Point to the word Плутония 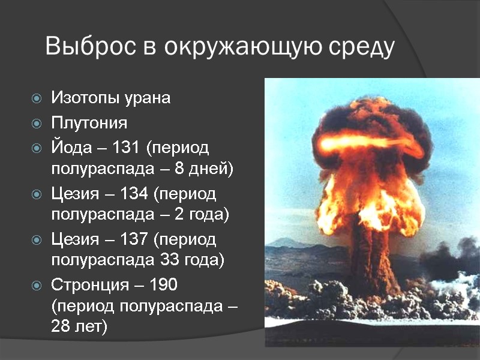pyautogui.click(x=89, y=124)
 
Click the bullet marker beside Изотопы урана pyautogui.click(x=37, y=98)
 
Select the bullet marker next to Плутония pyautogui.click(x=37, y=124)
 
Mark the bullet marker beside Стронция pyautogui.click(x=37, y=284)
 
